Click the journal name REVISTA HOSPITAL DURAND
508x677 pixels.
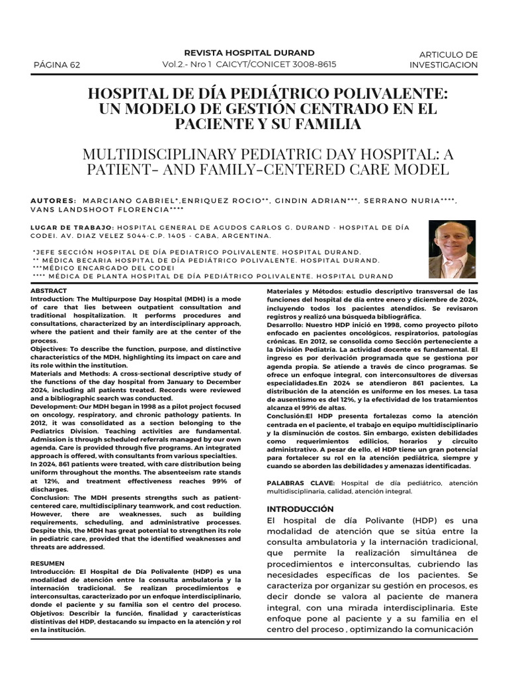click(249, 53)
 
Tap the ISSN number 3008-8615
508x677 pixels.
click(313, 64)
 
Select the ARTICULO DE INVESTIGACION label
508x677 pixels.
click(443, 60)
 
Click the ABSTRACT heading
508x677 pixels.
click(48, 291)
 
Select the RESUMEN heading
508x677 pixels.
click(47, 563)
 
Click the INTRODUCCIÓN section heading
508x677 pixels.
click(300, 509)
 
